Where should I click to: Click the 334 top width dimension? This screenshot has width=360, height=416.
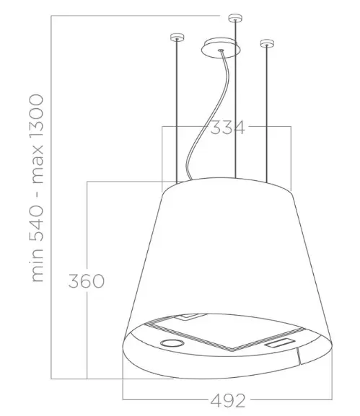tap(227, 128)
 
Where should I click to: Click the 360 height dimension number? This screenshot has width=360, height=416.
tap(87, 281)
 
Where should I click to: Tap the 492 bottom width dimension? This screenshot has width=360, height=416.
tap(228, 401)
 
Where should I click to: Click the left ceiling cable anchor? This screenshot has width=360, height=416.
tap(177, 37)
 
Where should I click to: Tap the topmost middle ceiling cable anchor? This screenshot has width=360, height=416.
tap(235, 18)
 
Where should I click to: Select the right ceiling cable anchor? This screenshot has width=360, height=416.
tap(267, 43)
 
